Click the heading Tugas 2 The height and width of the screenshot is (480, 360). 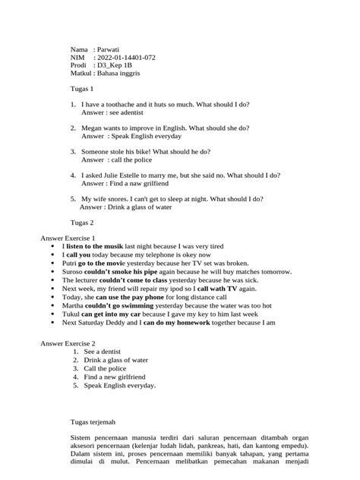(81, 223)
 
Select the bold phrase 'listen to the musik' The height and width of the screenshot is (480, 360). (99, 247)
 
